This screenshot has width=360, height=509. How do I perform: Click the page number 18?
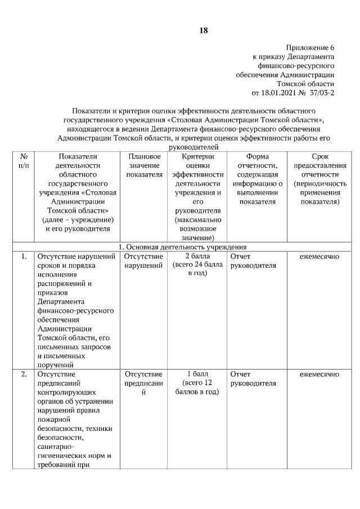tap(203, 30)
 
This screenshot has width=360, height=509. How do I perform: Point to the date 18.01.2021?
tap(278, 92)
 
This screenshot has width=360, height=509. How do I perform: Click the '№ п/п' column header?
tap(24, 160)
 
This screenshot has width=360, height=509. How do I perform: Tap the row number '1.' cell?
tap(24, 256)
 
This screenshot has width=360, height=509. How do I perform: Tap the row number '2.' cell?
tap(24, 374)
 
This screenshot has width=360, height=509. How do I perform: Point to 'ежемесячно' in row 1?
tap(319, 256)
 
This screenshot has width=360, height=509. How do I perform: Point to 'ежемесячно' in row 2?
tap(319, 374)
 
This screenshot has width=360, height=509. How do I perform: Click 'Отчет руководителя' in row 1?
tap(253, 261)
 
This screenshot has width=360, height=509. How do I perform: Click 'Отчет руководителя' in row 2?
tap(253, 379)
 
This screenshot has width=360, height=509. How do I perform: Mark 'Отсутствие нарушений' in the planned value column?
tap(143, 261)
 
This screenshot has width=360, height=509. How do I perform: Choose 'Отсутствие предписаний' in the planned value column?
tap(143, 383)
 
